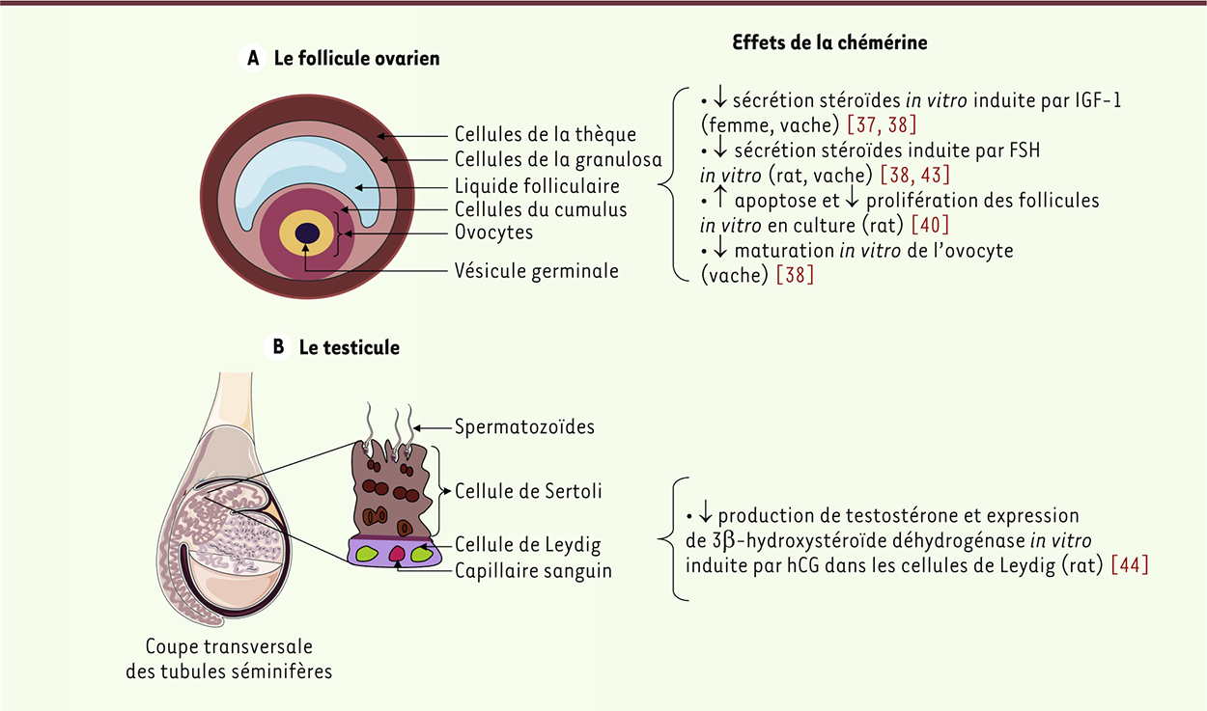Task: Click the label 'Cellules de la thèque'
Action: (546, 134)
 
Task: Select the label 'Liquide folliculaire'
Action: (537, 185)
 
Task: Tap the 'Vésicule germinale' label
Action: (536, 271)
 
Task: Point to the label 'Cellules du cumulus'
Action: (541, 209)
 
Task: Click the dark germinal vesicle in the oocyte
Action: (308, 233)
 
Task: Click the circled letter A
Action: (253, 59)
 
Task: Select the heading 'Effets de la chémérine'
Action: (829, 42)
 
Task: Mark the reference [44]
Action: (1130, 564)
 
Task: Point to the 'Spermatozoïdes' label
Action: (524, 425)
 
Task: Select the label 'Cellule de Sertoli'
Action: (528, 491)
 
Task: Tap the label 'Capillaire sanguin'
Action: (533, 570)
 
